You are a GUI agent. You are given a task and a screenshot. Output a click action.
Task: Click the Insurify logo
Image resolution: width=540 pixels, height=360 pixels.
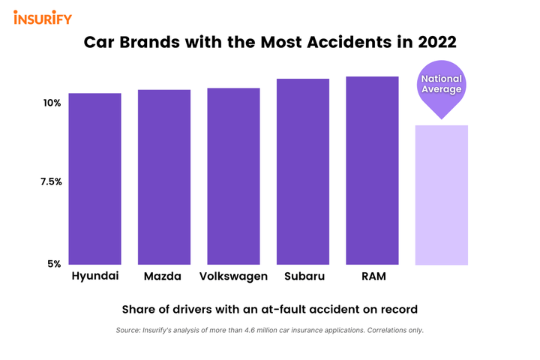click(42, 17)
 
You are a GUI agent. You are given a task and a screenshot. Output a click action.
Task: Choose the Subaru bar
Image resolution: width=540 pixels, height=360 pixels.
click(303, 172)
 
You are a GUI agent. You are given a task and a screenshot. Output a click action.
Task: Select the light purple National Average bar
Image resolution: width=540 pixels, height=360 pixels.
click(442, 195)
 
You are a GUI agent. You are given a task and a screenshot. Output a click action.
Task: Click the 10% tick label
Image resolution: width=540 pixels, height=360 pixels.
click(50, 103)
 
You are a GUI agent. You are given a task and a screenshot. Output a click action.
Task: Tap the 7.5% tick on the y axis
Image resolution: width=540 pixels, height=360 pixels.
click(50, 182)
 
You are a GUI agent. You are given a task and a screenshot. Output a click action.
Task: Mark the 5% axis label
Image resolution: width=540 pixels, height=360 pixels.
click(55, 264)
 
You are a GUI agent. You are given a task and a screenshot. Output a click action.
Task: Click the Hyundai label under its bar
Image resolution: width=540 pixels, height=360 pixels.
click(95, 276)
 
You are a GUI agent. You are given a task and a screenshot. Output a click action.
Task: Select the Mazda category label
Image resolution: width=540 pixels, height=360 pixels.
click(163, 277)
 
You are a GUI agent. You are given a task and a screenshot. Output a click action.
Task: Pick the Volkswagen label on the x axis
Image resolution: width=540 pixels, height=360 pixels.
click(233, 277)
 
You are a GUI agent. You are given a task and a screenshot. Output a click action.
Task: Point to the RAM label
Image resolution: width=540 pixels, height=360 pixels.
click(373, 277)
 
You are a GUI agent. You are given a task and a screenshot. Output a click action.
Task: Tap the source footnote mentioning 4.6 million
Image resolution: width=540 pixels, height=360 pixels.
click(269, 330)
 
